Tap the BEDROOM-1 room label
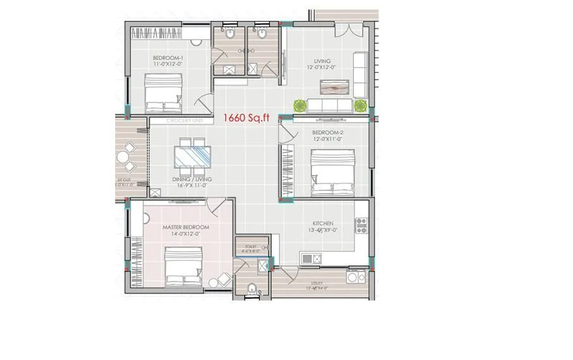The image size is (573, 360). pos(168,58)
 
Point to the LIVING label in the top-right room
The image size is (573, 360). pos(322,61)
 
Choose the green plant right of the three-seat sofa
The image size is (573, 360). pos(360,105)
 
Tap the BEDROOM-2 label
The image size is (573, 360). pos(327,133)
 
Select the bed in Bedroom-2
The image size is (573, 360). pos(331,172)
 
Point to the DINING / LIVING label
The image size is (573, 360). pos(192,180)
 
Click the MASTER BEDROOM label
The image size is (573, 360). pos(186,227)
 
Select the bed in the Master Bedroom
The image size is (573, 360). pos(184,266)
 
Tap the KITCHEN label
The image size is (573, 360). pos(322,224)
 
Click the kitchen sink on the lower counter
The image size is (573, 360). pos(312,258)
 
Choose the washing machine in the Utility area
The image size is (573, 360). pos(355,277)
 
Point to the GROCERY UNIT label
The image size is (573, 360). pos(183,120)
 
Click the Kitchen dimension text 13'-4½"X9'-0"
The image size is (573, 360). pos(322,231)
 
